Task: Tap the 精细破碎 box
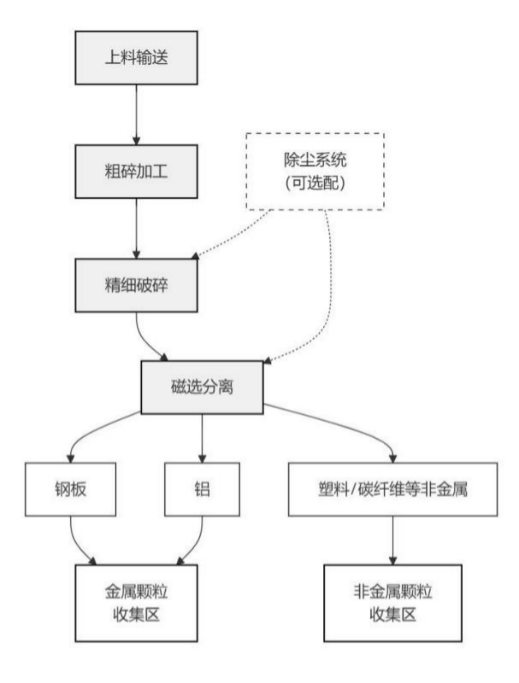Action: point(136,284)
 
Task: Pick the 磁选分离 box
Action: point(202,387)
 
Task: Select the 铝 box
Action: point(202,490)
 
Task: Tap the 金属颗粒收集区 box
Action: point(136,603)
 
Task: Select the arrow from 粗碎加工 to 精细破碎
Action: point(136,229)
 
